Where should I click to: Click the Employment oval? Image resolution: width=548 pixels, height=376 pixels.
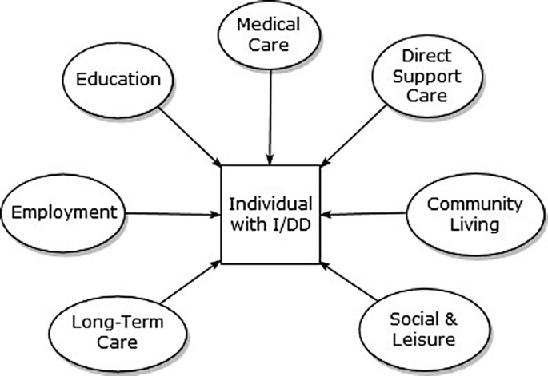(64, 212)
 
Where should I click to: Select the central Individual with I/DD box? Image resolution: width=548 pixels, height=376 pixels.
(270, 214)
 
